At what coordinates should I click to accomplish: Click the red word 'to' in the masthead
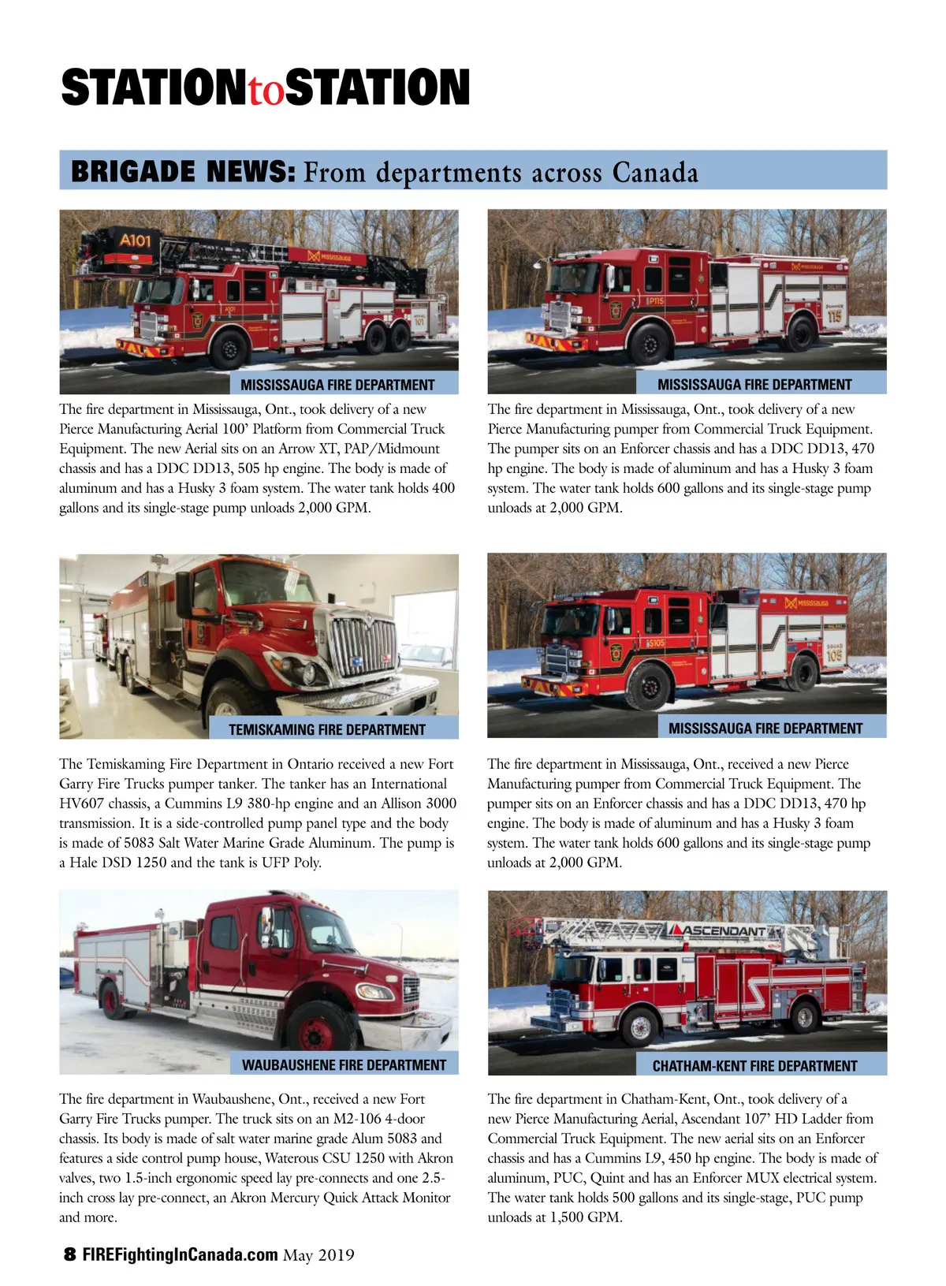[266, 90]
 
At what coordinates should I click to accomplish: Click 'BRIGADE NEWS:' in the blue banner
[183, 171]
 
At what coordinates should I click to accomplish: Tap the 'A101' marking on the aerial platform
[135, 240]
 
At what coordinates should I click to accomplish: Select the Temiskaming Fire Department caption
[326, 729]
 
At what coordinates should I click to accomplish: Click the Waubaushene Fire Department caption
[344, 1065]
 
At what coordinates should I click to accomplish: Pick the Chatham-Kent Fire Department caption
[755, 1066]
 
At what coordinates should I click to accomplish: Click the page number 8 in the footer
[69, 1254]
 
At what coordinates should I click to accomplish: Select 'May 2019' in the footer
[318, 1255]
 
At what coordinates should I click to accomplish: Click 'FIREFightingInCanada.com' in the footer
[181, 1255]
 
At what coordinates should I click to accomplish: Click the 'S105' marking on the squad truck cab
[655, 643]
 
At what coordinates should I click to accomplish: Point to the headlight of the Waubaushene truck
[374, 991]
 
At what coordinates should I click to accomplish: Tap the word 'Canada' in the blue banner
[655, 172]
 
